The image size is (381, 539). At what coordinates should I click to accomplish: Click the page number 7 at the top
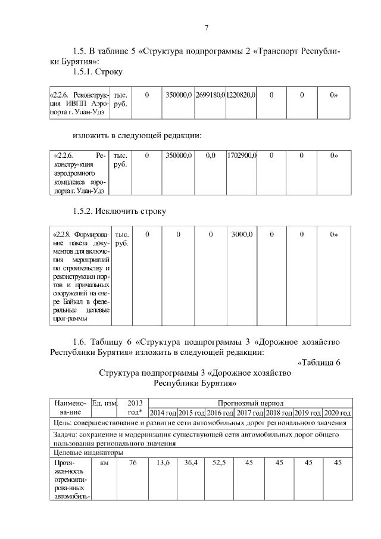pos(207,27)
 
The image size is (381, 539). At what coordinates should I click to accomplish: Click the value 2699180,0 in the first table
pos(210,95)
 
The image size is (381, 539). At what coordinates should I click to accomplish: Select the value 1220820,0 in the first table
pos(241,95)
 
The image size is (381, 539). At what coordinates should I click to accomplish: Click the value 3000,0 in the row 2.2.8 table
pos(241,234)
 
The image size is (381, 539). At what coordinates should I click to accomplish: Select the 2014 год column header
pos(163,413)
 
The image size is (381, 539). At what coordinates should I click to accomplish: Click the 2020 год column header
pos(336,413)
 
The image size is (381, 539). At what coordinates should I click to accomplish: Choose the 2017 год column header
pos(249,413)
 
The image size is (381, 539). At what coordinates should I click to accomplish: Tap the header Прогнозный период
pos(249,403)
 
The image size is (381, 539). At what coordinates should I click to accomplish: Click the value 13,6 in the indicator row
pos(163,463)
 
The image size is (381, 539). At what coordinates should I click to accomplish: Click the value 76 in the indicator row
pos(132,463)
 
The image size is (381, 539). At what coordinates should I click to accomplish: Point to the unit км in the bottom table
pos(104,463)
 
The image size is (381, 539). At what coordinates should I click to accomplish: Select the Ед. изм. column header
pos(104,404)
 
